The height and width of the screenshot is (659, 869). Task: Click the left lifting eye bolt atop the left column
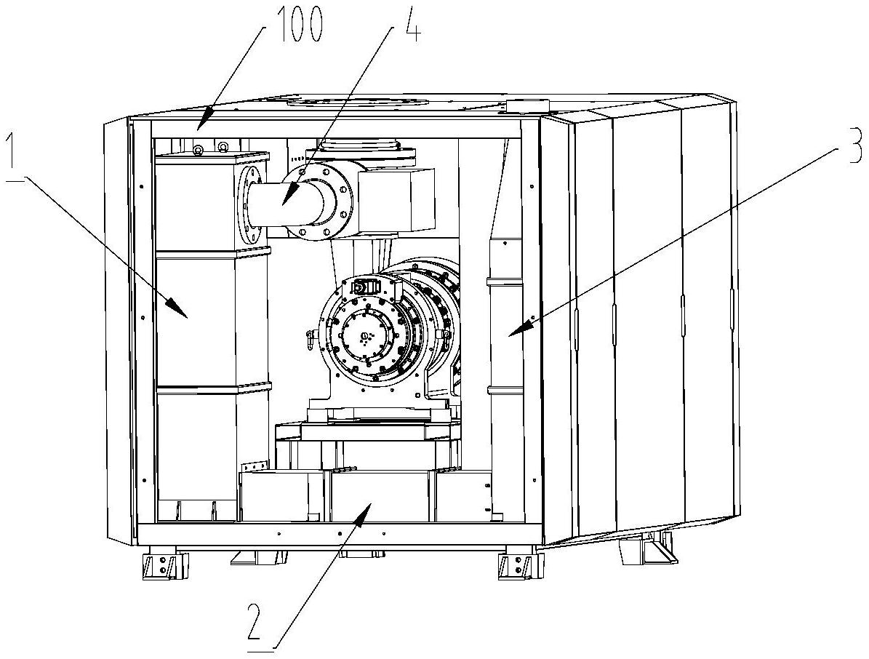point(197,150)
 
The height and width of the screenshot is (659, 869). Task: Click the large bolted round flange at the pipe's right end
point(320,201)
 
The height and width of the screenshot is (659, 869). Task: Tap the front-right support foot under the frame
point(521,566)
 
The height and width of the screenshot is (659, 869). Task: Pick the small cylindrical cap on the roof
point(528,105)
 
